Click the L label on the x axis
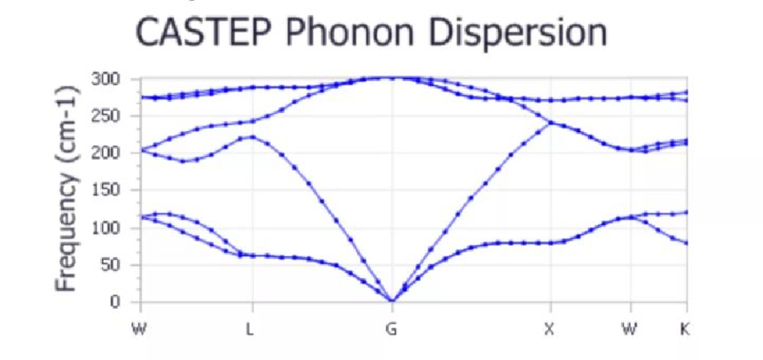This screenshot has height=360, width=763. point(250,329)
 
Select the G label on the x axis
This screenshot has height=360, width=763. point(391,329)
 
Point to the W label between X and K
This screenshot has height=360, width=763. point(629,329)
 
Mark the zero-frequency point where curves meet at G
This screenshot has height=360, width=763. point(391,301)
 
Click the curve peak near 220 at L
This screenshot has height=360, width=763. point(252,137)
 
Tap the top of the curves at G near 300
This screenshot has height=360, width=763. point(391,77)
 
